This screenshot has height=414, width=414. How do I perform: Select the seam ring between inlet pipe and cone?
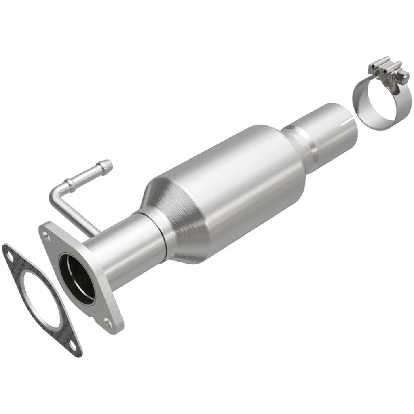click(x=158, y=234)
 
